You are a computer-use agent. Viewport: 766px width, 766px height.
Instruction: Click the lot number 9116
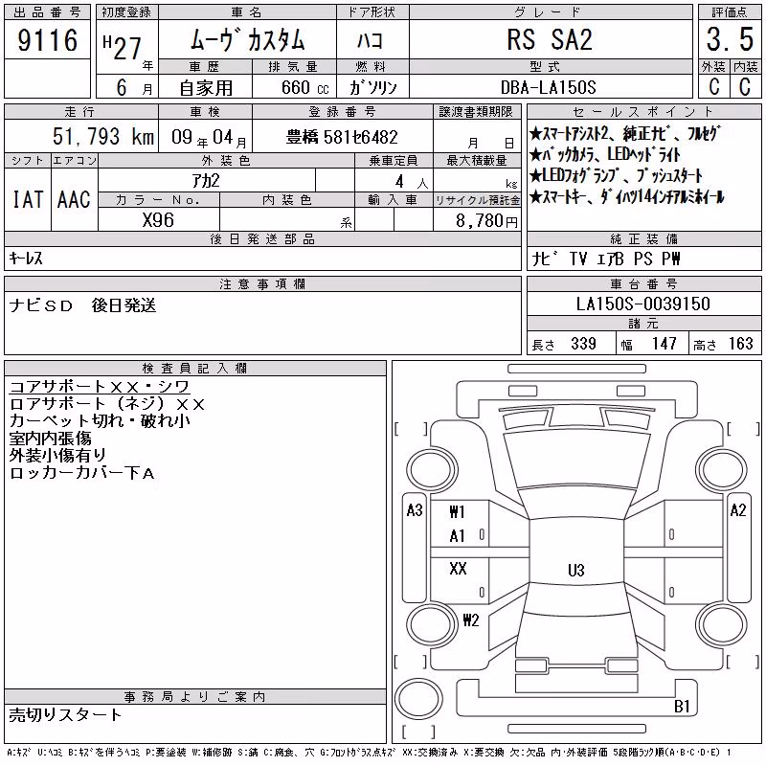(x=47, y=40)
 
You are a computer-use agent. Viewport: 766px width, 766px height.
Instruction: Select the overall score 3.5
(x=730, y=39)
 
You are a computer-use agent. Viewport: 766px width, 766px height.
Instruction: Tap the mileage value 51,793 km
(x=103, y=137)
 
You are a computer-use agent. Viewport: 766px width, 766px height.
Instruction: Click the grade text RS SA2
(x=550, y=39)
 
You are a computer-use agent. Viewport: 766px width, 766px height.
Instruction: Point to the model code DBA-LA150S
(x=548, y=87)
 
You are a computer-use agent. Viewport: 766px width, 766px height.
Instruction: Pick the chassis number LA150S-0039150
(x=642, y=304)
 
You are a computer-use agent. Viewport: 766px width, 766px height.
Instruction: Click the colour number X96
(x=158, y=220)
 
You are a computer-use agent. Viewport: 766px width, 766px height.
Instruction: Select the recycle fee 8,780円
(x=486, y=221)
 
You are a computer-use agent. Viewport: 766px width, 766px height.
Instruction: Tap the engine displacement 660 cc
(x=304, y=88)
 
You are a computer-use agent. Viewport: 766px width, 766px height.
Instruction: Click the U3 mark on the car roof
(x=576, y=570)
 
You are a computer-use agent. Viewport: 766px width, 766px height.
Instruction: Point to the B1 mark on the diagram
(x=682, y=707)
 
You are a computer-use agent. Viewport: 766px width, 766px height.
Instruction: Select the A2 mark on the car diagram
(x=737, y=510)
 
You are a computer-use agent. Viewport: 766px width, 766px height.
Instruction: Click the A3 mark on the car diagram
(x=415, y=510)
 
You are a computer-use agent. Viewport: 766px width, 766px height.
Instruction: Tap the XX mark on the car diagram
(x=458, y=568)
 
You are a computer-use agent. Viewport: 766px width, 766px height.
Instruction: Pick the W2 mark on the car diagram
(x=470, y=620)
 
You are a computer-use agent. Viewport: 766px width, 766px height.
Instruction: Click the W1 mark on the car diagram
(x=457, y=512)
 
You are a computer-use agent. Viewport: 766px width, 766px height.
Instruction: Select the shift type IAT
(x=28, y=199)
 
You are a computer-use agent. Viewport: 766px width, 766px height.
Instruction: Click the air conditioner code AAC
(x=74, y=199)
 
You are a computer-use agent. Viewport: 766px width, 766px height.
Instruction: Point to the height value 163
(x=740, y=344)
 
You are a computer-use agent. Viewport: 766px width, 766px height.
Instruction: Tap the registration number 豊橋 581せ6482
(x=342, y=137)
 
